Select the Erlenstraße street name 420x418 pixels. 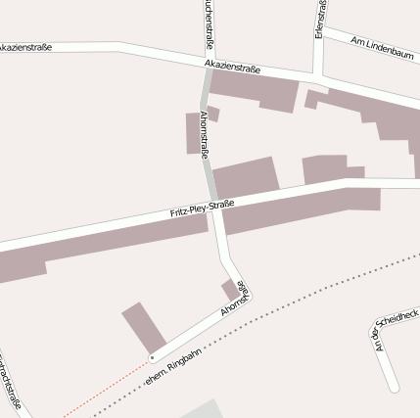pyautogui.click(x=320, y=20)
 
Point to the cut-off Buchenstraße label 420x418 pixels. pyautogui.click(x=209, y=23)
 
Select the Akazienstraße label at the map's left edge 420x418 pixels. pyautogui.click(x=24, y=47)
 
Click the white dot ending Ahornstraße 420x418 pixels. pyautogui.click(x=152, y=358)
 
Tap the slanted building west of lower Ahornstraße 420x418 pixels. pyautogui.click(x=144, y=326)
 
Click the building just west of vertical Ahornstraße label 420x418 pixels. pyautogui.click(x=192, y=133)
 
